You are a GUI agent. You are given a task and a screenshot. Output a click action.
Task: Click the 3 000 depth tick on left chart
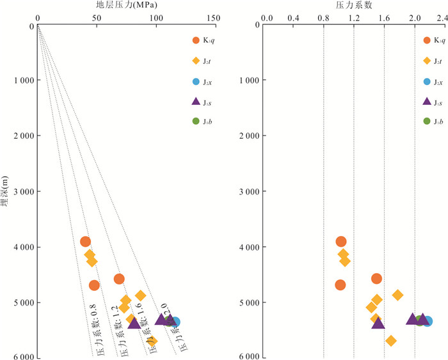(18, 192)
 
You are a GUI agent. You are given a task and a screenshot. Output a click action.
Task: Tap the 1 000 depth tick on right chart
(247, 81)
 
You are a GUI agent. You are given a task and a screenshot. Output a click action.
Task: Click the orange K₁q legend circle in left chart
(196, 42)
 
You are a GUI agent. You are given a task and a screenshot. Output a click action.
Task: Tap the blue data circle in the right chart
(428, 321)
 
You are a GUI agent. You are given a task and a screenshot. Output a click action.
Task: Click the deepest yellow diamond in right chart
(391, 341)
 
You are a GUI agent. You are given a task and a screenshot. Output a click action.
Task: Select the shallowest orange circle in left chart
(85, 242)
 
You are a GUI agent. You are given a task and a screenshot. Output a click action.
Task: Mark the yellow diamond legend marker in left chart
(196, 61)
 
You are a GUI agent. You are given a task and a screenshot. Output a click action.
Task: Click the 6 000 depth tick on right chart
(247, 357)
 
